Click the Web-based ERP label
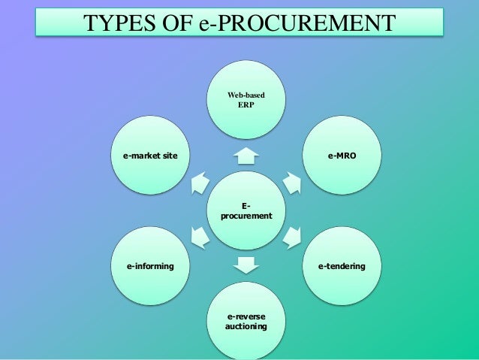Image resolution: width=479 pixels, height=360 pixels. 246,100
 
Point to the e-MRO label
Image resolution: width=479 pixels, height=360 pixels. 342,157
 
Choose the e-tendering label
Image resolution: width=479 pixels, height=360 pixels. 342,266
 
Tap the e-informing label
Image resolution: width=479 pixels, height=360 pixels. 150,266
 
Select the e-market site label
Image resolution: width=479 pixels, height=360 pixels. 150,157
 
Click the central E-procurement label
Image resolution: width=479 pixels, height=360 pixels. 246,211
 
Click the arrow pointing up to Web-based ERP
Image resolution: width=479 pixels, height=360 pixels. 246,155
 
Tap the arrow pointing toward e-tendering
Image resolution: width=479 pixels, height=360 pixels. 291,238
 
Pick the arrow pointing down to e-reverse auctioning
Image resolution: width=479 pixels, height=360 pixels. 246,265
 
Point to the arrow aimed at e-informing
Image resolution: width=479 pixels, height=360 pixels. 200,238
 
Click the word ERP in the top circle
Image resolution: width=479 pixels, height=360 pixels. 246,105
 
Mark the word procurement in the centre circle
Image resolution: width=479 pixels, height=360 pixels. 246,216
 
